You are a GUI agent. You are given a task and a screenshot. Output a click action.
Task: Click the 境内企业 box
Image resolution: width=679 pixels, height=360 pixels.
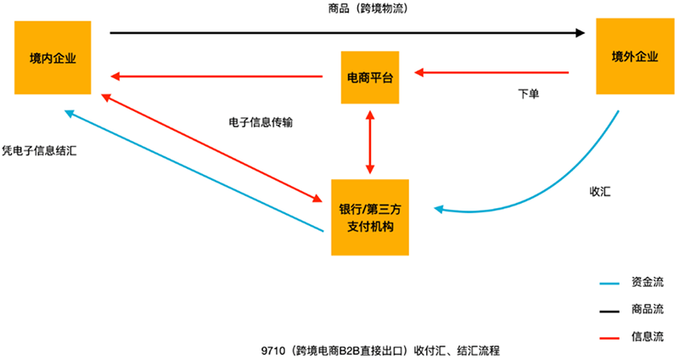(x=53, y=58)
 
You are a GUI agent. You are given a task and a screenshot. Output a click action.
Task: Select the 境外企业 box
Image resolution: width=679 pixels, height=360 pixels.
(x=635, y=56)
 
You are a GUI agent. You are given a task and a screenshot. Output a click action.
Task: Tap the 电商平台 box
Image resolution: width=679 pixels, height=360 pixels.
(x=370, y=77)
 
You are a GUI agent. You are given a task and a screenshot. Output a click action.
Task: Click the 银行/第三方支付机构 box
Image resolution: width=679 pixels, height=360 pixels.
(x=370, y=217)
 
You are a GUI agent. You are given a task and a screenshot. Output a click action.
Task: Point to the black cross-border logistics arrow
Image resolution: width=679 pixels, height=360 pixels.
(x=347, y=32)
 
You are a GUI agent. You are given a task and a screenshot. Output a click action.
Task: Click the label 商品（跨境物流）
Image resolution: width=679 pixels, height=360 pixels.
(x=368, y=8)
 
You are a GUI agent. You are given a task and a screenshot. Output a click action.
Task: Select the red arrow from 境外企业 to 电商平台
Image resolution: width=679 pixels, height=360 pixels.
(x=491, y=72)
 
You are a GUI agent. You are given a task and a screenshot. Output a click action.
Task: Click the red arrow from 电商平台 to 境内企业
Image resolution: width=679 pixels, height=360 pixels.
(x=216, y=76)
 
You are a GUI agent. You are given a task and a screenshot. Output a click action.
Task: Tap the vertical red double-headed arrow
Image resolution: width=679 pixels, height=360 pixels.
(x=370, y=142)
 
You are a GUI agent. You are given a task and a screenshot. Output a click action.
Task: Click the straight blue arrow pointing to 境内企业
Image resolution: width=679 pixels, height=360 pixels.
(x=194, y=171)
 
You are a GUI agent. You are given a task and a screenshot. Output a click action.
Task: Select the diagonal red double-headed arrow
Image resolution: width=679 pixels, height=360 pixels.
(x=211, y=148)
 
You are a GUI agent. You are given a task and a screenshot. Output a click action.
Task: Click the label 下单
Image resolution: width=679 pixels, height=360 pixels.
(x=529, y=94)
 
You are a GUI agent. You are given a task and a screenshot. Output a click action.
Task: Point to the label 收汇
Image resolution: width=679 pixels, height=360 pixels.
(x=600, y=192)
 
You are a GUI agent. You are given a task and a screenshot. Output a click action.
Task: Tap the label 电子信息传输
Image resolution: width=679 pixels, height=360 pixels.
(x=261, y=122)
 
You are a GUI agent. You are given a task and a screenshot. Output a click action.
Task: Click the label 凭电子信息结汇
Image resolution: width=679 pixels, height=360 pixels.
(x=39, y=151)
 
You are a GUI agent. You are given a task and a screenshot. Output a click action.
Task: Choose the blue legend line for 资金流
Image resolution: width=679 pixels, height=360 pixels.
(x=609, y=284)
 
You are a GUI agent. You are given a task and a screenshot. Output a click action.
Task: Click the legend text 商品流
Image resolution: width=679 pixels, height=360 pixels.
(x=648, y=309)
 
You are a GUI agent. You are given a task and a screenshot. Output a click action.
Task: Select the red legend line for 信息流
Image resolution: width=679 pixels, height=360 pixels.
(x=609, y=338)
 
